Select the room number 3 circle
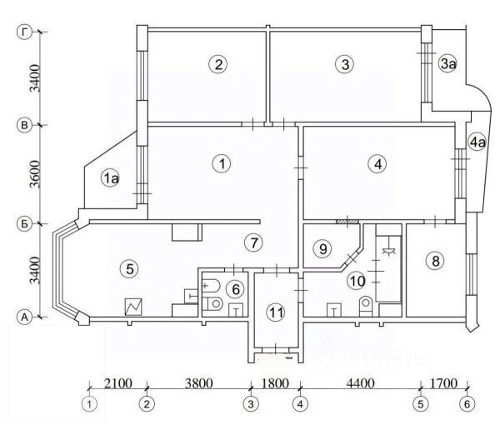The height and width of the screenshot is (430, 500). [342, 63]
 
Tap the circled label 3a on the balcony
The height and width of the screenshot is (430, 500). [447, 63]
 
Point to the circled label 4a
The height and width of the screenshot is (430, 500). [477, 142]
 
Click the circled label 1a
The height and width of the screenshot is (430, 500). [112, 177]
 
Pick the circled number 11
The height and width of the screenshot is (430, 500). [276, 312]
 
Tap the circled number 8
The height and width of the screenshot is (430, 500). [433, 261]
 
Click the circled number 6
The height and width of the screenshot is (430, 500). [236, 288]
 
